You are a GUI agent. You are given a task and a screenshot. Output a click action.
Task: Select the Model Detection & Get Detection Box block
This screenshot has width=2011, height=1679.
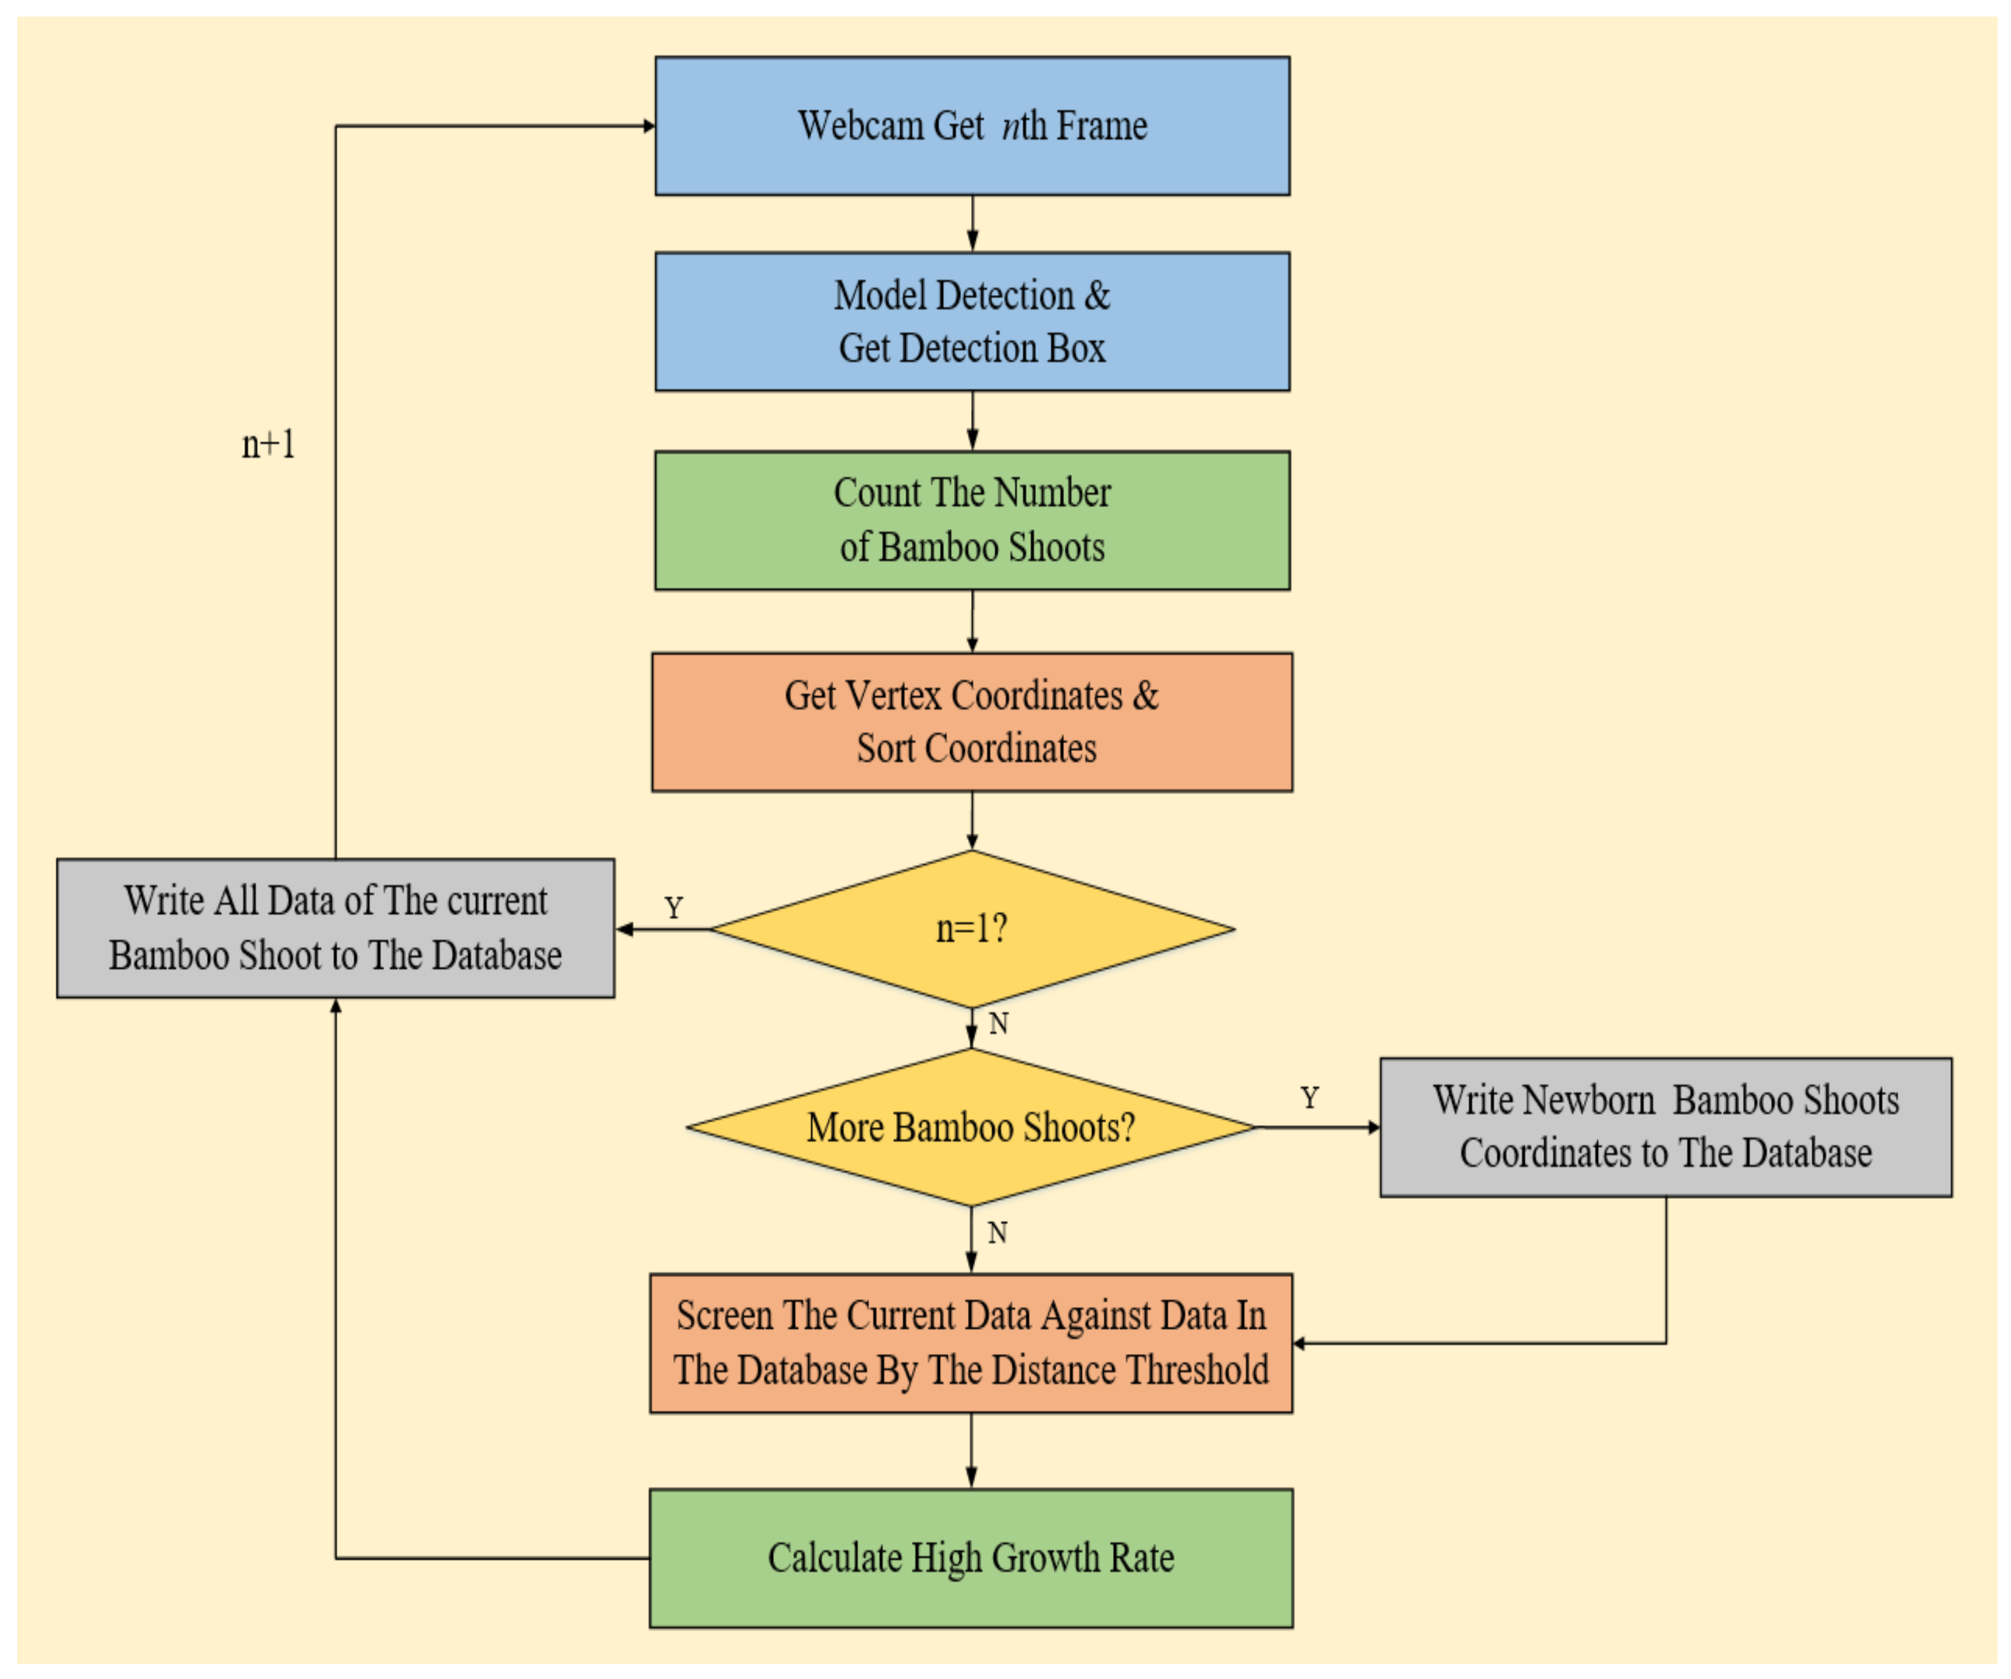pos(972,322)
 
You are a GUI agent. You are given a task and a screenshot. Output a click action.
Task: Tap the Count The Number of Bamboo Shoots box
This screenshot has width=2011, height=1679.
pos(972,520)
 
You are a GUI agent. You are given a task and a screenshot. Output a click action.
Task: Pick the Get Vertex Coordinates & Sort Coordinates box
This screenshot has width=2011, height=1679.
pos(972,722)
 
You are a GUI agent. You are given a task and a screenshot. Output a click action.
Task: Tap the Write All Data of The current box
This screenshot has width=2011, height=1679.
pos(335,927)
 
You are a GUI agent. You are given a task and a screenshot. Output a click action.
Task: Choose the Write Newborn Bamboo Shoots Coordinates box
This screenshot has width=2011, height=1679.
pos(1665,1127)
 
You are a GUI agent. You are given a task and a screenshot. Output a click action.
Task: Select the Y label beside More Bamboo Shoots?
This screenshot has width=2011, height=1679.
pos(1309,1097)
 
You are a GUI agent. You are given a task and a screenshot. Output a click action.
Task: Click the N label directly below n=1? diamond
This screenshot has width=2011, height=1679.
pos(998,1024)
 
